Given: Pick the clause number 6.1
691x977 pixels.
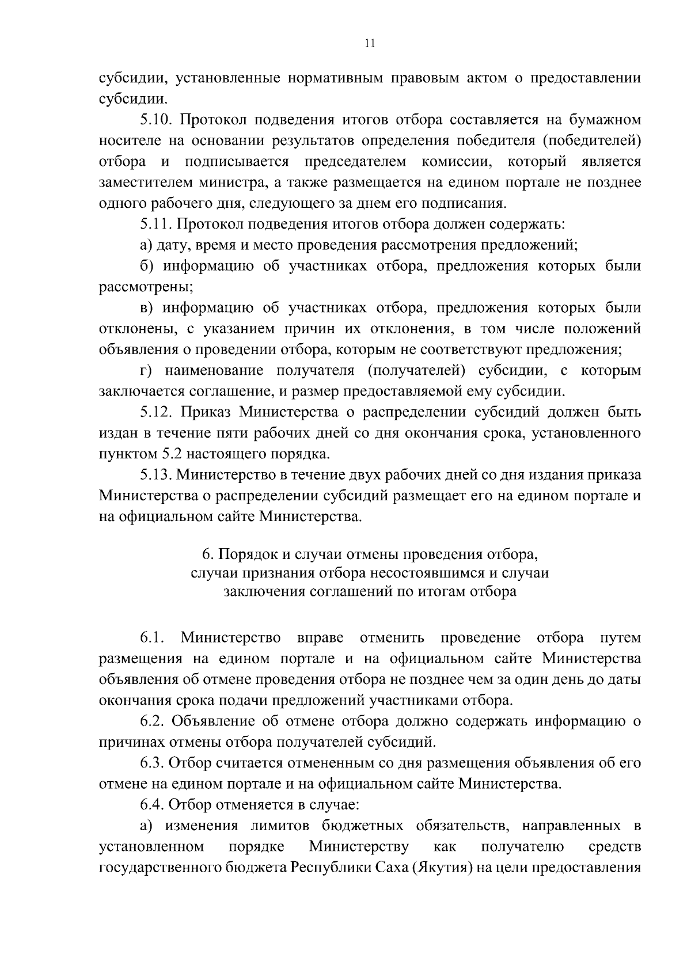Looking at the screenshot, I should [152, 638].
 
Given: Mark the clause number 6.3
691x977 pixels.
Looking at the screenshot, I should [152, 763].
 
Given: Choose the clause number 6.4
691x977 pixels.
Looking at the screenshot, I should [152, 804].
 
